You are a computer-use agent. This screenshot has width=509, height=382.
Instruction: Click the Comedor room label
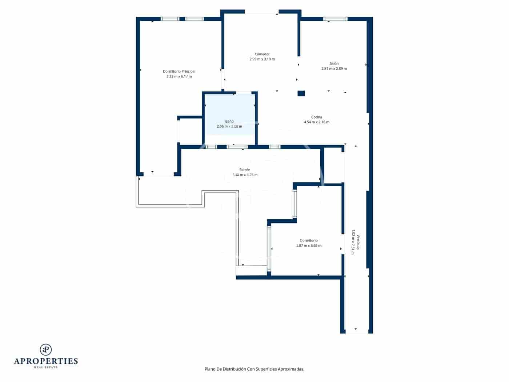pyautogui.click(x=262, y=54)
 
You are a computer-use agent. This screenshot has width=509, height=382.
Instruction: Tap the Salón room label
pyautogui.click(x=334, y=63)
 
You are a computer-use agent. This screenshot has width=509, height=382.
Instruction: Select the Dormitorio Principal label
pyautogui.click(x=179, y=71)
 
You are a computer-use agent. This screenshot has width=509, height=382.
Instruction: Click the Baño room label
pyautogui.click(x=229, y=121)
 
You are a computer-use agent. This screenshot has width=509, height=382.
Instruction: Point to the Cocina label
pyautogui.click(x=316, y=117)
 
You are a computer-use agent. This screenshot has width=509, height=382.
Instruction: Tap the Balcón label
pyautogui.click(x=245, y=170)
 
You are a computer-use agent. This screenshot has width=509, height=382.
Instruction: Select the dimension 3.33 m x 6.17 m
pyautogui.click(x=179, y=76)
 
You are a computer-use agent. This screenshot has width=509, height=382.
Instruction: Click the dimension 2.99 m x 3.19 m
pyautogui.click(x=262, y=59)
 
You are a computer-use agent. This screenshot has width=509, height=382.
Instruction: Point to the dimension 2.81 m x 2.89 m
pyautogui.click(x=334, y=68)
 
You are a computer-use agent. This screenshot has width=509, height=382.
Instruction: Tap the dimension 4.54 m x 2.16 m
pyautogui.click(x=316, y=122)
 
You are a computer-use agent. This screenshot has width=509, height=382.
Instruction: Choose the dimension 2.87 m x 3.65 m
pyautogui.click(x=308, y=246)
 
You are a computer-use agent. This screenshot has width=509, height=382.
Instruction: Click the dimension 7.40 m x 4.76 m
pyautogui.click(x=245, y=175)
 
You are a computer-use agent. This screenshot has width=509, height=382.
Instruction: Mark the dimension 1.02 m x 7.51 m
pyautogui.click(x=353, y=242)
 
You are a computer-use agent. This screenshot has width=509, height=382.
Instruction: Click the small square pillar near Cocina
pyautogui.click(x=301, y=93)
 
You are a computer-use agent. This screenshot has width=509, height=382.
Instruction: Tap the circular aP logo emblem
pyautogui.click(x=46, y=350)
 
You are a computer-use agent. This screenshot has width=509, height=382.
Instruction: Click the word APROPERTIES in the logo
pyautogui.click(x=46, y=361)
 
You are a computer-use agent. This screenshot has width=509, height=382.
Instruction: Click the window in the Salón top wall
pyautogui.click(x=335, y=19)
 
